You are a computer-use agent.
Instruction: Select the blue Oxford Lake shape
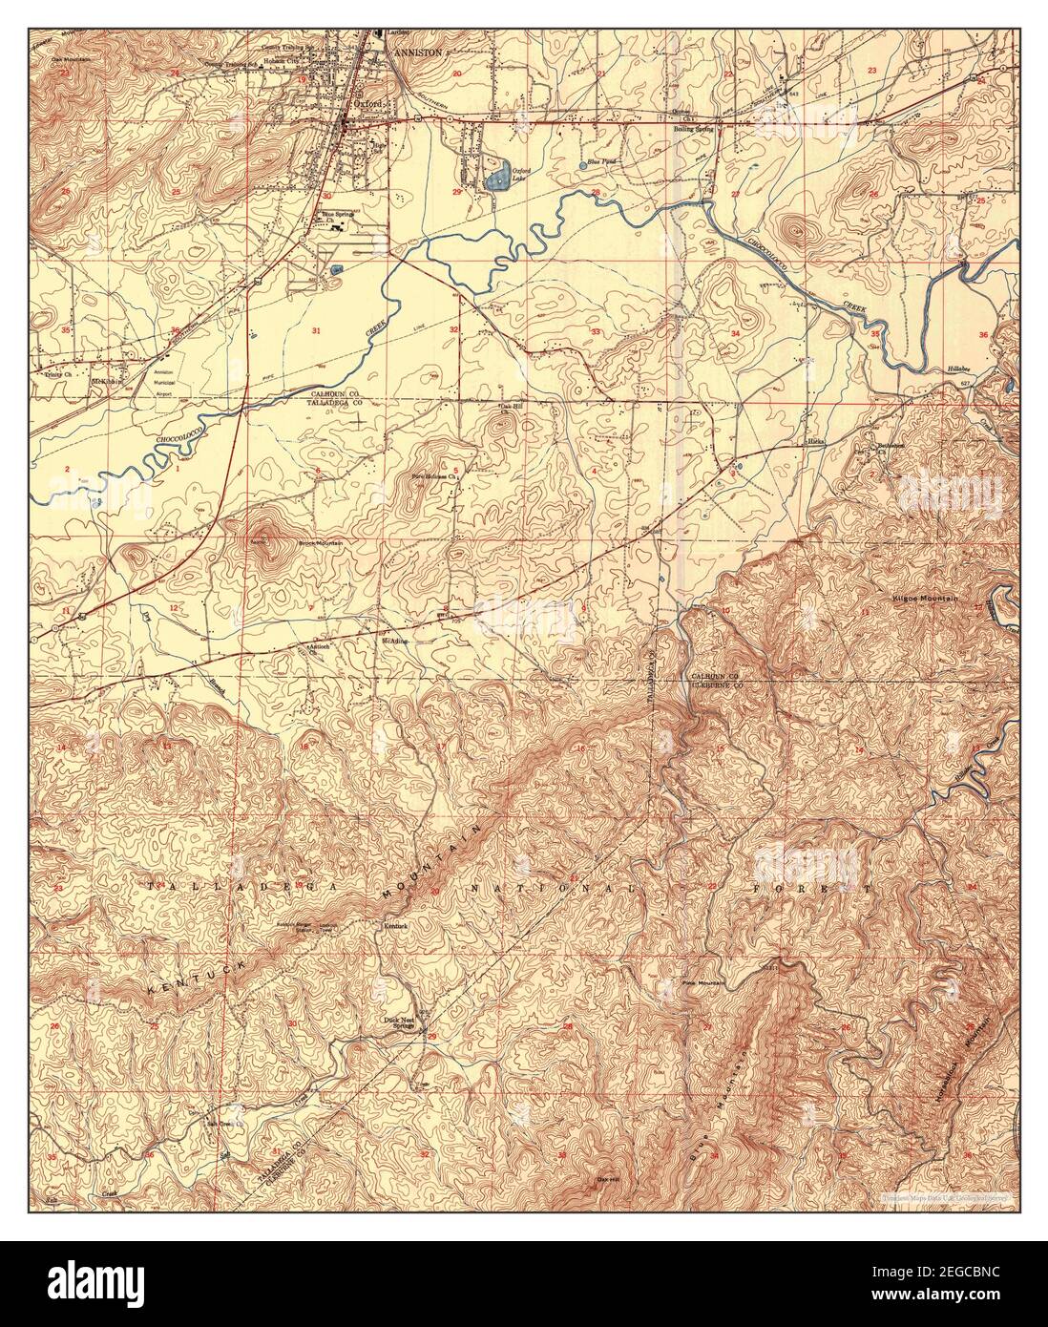click(x=495, y=178)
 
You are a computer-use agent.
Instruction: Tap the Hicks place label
click(x=814, y=442)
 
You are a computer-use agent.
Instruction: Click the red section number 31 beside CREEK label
click(x=316, y=329)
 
